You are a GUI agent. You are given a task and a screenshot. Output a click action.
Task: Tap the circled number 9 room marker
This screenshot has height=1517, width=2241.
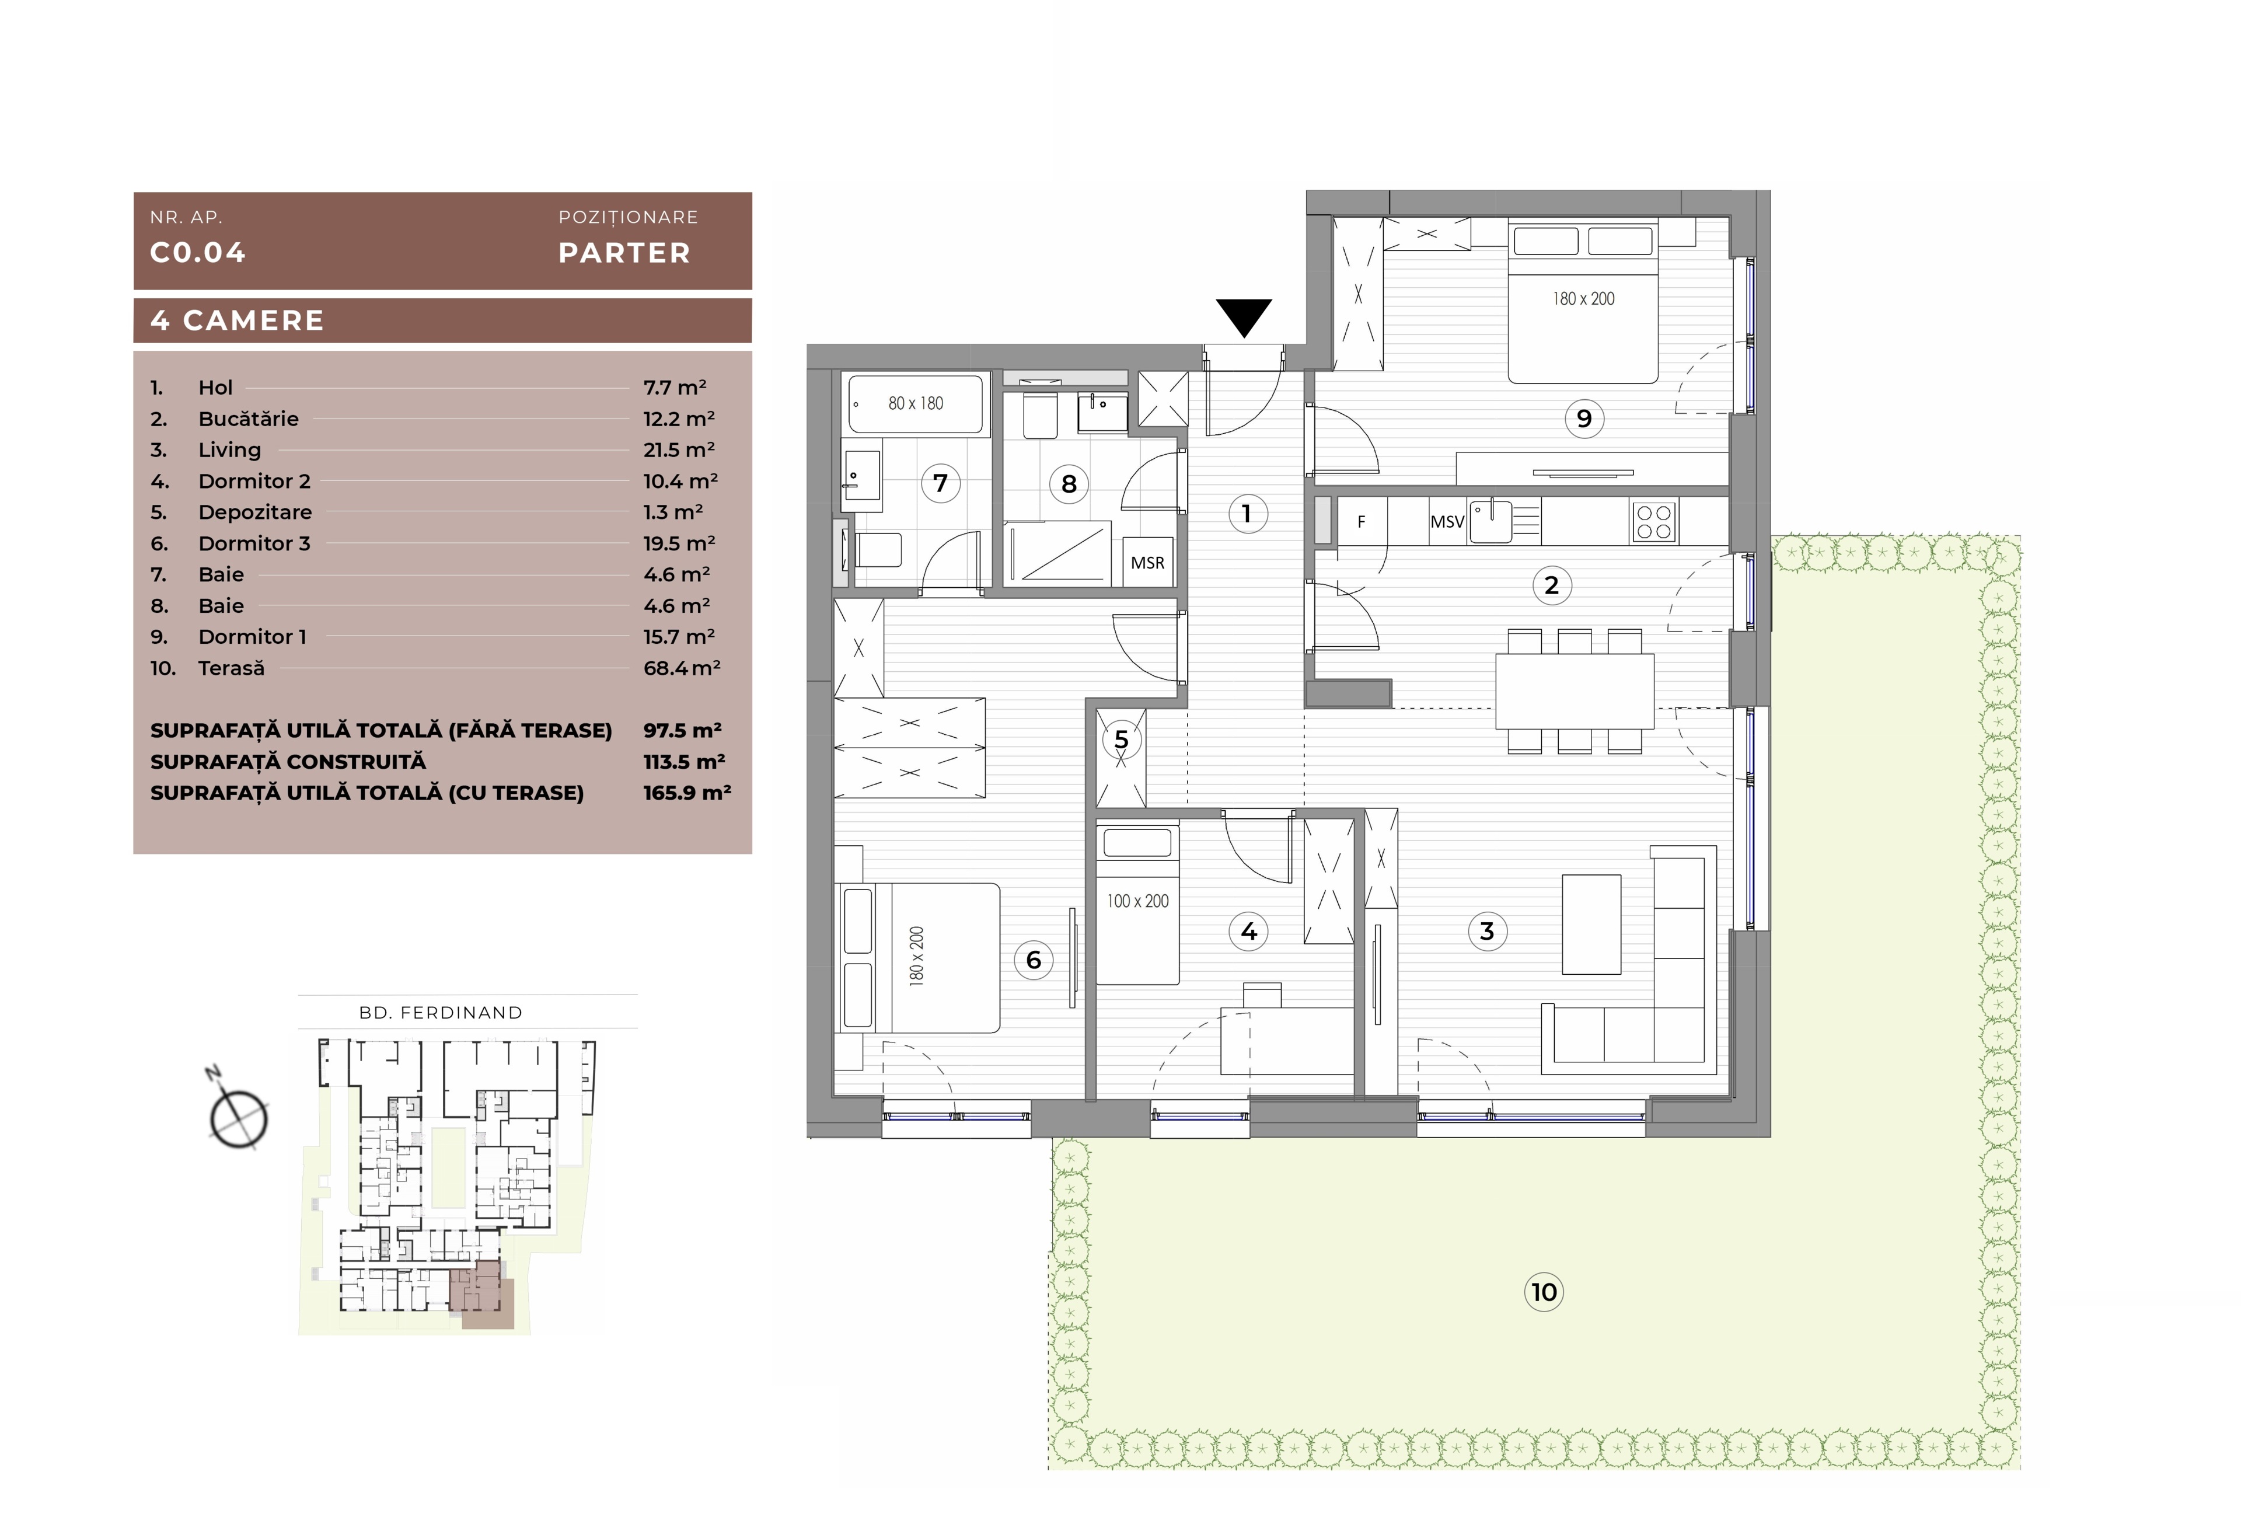pos(1583,419)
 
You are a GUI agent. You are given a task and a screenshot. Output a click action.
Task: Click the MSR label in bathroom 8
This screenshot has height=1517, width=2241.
pos(1147,562)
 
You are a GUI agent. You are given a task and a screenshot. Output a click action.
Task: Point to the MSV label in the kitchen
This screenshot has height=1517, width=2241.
pos(1446,522)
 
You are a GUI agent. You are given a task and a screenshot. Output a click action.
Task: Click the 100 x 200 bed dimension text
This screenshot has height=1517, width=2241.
pos(1138,901)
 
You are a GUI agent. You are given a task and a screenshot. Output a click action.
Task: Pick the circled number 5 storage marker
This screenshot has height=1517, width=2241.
pos(1120,740)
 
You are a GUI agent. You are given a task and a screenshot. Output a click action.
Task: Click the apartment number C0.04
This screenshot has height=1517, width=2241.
pos(198,253)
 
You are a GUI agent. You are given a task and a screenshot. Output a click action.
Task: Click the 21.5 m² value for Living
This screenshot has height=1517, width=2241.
pos(679,449)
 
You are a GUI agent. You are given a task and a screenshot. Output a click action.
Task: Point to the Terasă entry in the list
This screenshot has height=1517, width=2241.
pos(232,667)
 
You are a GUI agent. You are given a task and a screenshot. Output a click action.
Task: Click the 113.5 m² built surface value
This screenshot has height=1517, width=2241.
pos(683,761)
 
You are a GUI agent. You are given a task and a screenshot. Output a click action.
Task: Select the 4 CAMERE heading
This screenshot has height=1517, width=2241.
pos(237,320)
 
